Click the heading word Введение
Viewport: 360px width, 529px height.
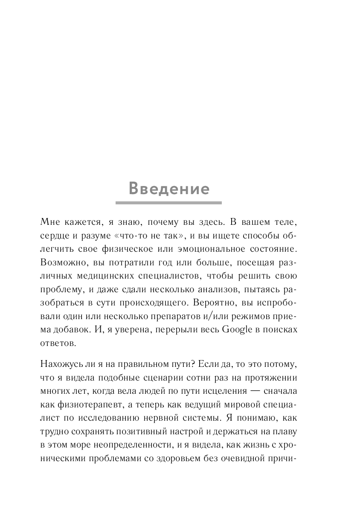[169, 189]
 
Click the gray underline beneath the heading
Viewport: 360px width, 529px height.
[169, 203]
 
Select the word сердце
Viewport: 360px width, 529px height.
[53, 235]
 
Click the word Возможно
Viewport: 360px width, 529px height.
[58, 262]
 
